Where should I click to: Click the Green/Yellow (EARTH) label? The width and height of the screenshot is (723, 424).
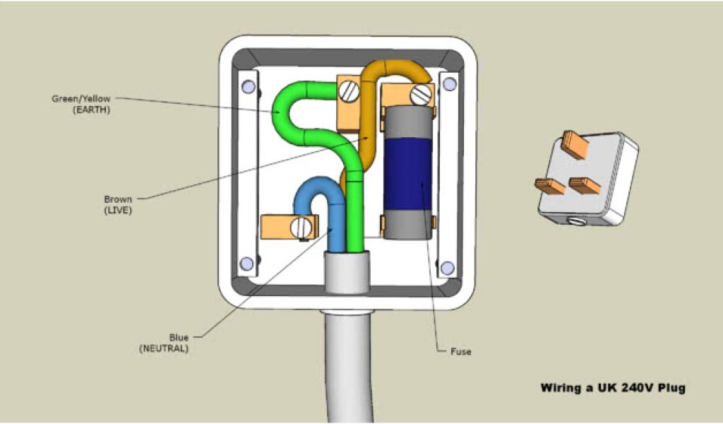click(x=80, y=104)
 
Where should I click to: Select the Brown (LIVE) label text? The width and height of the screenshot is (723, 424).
click(x=118, y=204)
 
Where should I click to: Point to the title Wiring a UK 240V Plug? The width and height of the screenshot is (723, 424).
click(x=612, y=387)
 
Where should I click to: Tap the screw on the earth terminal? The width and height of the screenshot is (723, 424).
click(x=348, y=90)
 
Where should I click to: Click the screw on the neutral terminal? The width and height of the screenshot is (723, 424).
click(x=303, y=228)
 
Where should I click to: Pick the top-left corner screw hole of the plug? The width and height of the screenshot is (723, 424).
click(x=247, y=87)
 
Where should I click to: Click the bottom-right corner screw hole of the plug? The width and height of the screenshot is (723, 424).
click(x=447, y=268)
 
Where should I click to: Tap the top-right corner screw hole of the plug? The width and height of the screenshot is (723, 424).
click(x=447, y=86)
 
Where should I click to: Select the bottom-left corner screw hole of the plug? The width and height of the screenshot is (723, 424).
click(x=246, y=264)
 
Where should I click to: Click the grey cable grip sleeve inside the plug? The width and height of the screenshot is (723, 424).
click(x=346, y=272)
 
